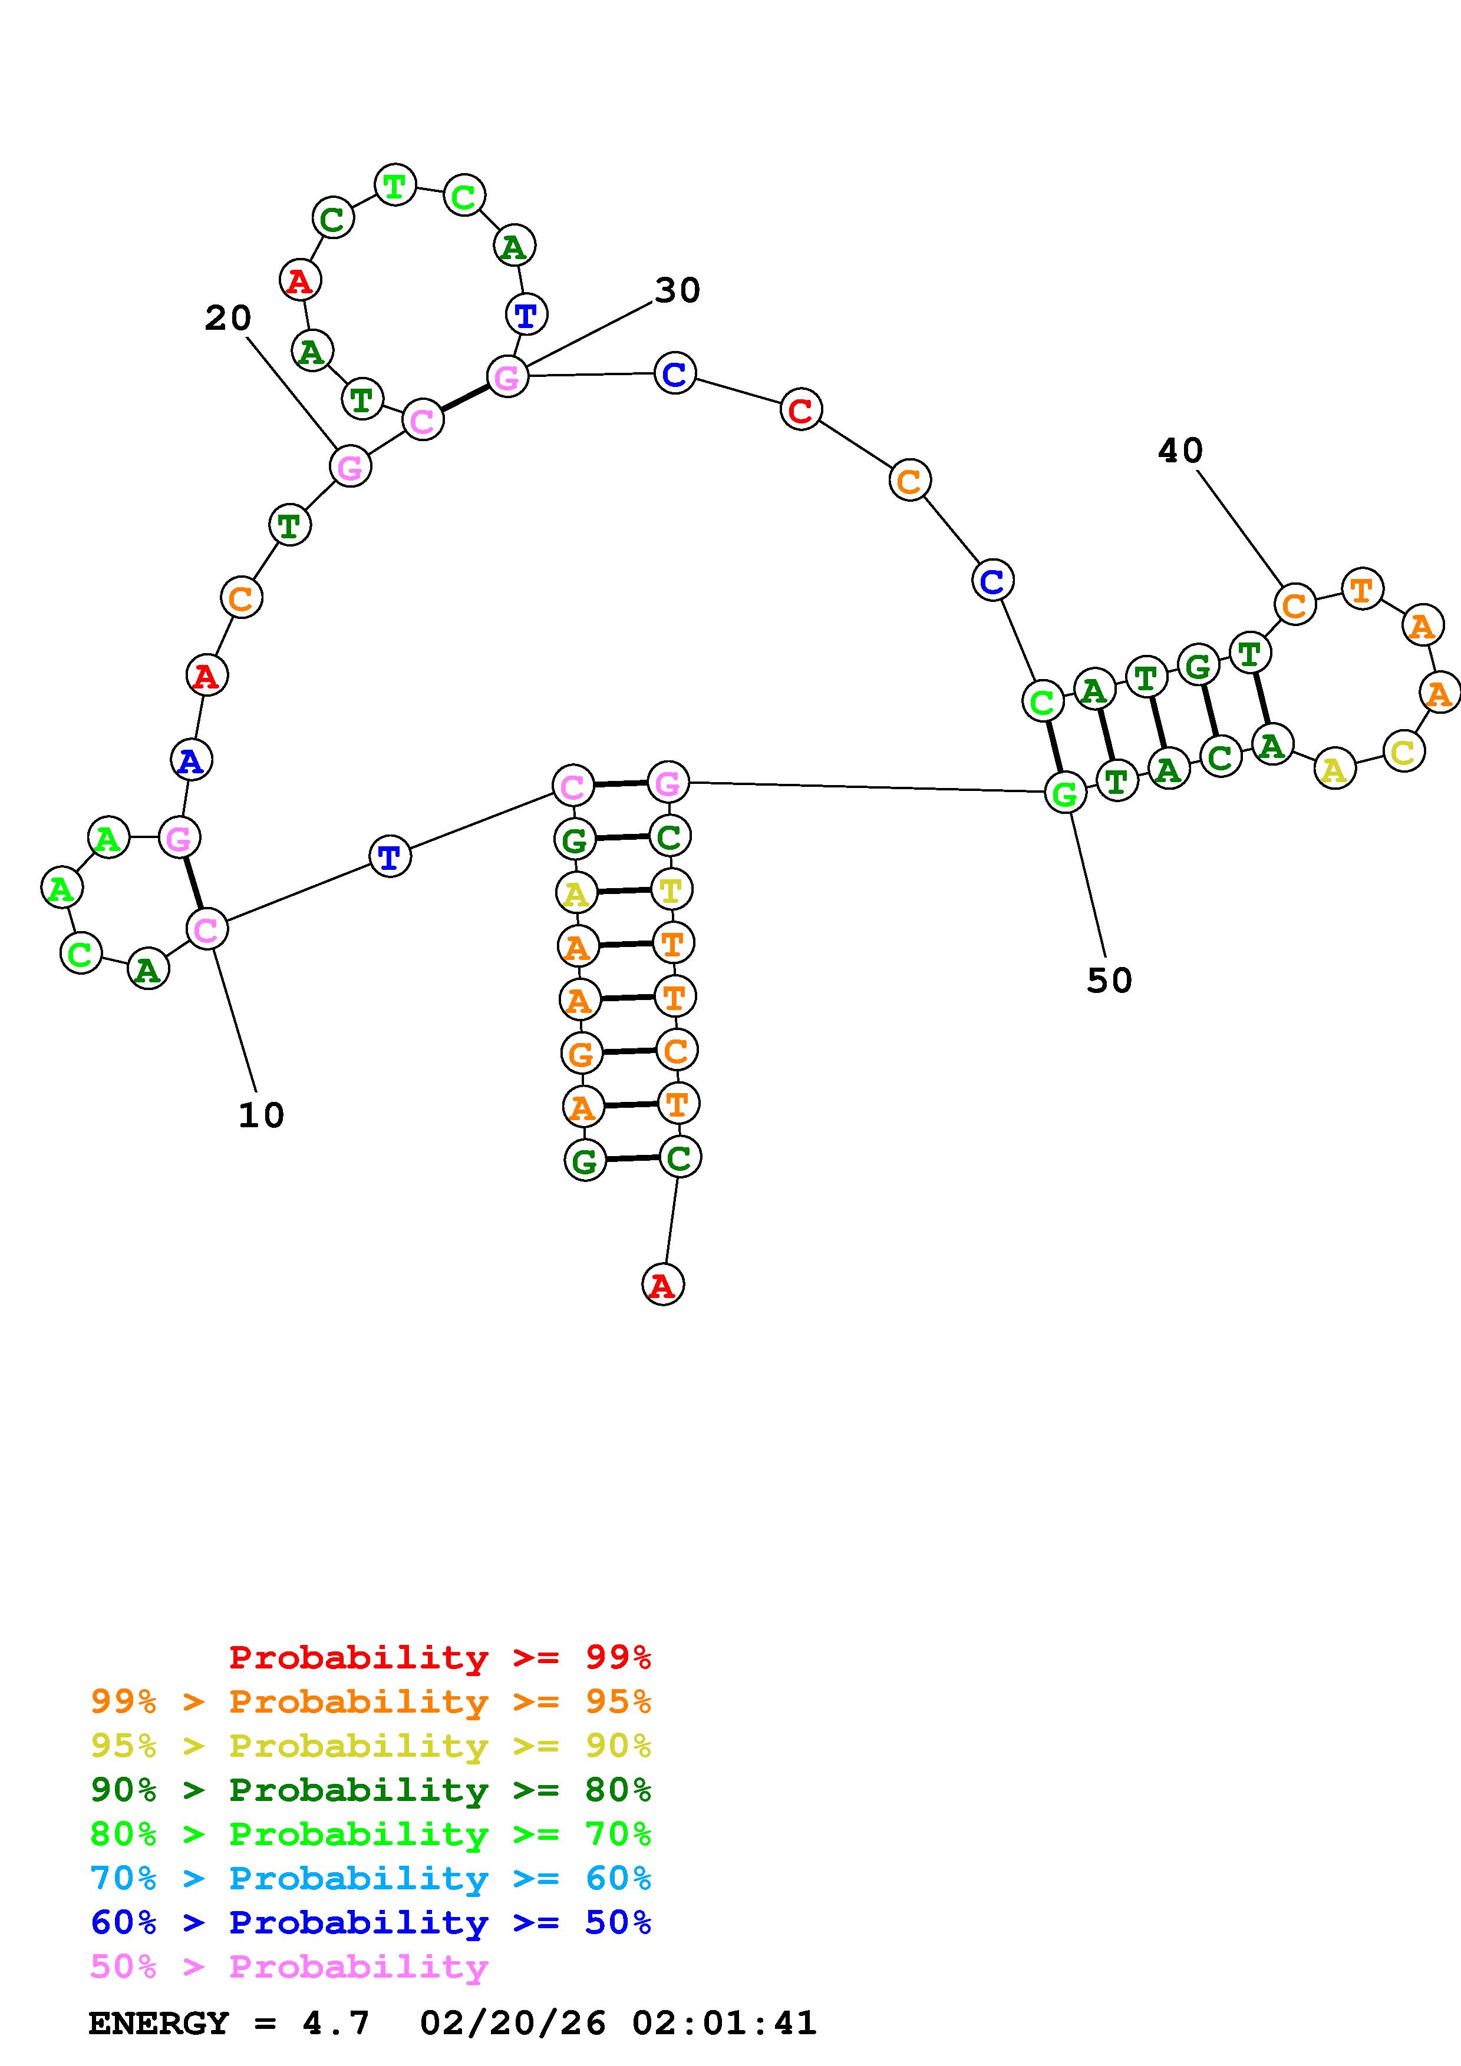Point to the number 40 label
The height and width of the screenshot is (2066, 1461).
pyautogui.click(x=1179, y=450)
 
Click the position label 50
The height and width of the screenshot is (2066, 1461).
pyautogui.click(x=1109, y=980)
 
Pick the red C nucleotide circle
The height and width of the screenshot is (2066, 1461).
pyautogui.click(x=800, y=410)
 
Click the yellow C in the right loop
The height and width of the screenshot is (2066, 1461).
pyautogui.click(x=1403, y=751)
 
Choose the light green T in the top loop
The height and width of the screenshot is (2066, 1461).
pyautogui.click(x=394, y=186)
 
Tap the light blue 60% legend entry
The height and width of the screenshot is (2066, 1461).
pyautogui.click(x=371, y=1879)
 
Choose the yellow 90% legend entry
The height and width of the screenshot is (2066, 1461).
pyautogui.click(x=371, y=1746)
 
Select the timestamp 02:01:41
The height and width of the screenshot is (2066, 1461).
pyautogui.click(x=724, y=2024)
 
